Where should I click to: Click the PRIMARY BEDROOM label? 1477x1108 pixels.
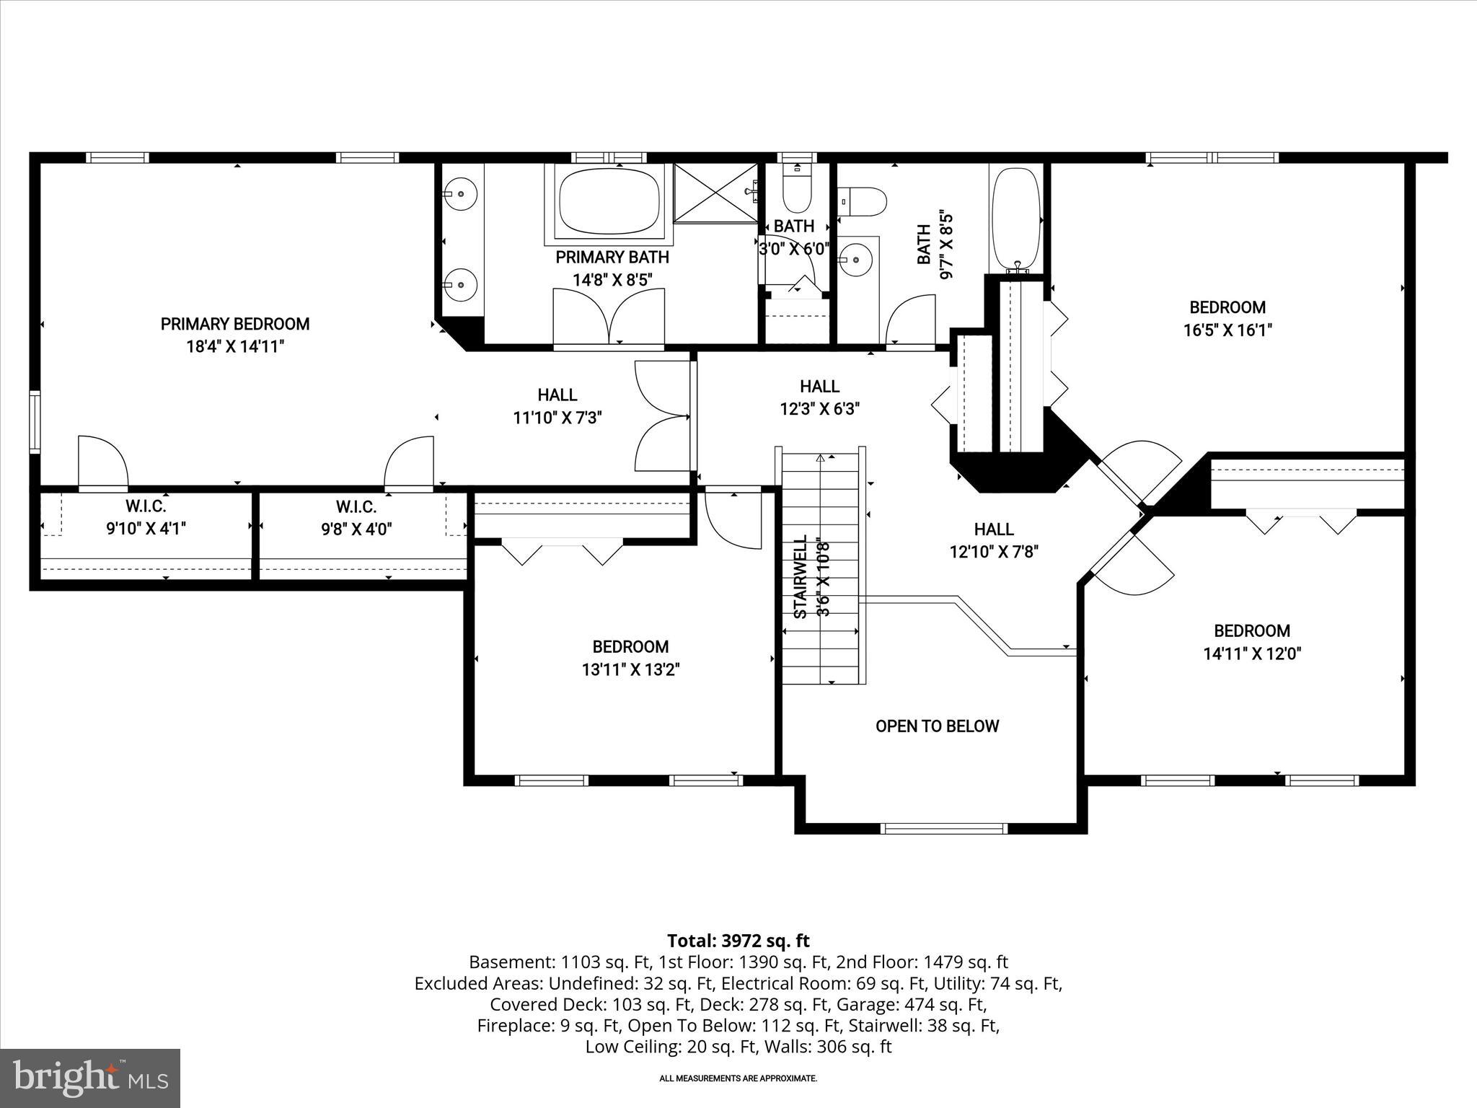235,324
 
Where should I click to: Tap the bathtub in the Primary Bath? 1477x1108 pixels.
609,201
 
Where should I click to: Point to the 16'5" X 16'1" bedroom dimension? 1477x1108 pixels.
1227,330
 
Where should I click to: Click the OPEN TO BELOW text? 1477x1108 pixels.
937,726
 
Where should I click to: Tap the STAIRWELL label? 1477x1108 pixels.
800,577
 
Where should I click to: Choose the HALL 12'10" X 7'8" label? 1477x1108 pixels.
994,540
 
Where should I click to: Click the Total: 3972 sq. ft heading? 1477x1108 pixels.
738,941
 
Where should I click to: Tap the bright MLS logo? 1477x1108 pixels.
89,1078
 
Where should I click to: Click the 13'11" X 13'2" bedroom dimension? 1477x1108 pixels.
631,670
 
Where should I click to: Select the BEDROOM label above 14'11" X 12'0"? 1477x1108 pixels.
1252,631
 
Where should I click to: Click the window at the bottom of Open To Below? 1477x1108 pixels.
944,829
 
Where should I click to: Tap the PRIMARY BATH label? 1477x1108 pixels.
612,258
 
